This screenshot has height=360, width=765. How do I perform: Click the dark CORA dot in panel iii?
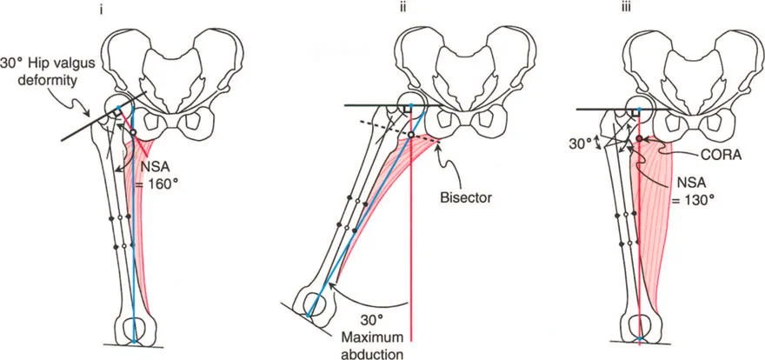[641, 138]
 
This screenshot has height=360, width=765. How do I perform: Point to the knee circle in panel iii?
[640, 328]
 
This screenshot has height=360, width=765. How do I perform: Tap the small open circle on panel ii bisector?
[410, 136]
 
